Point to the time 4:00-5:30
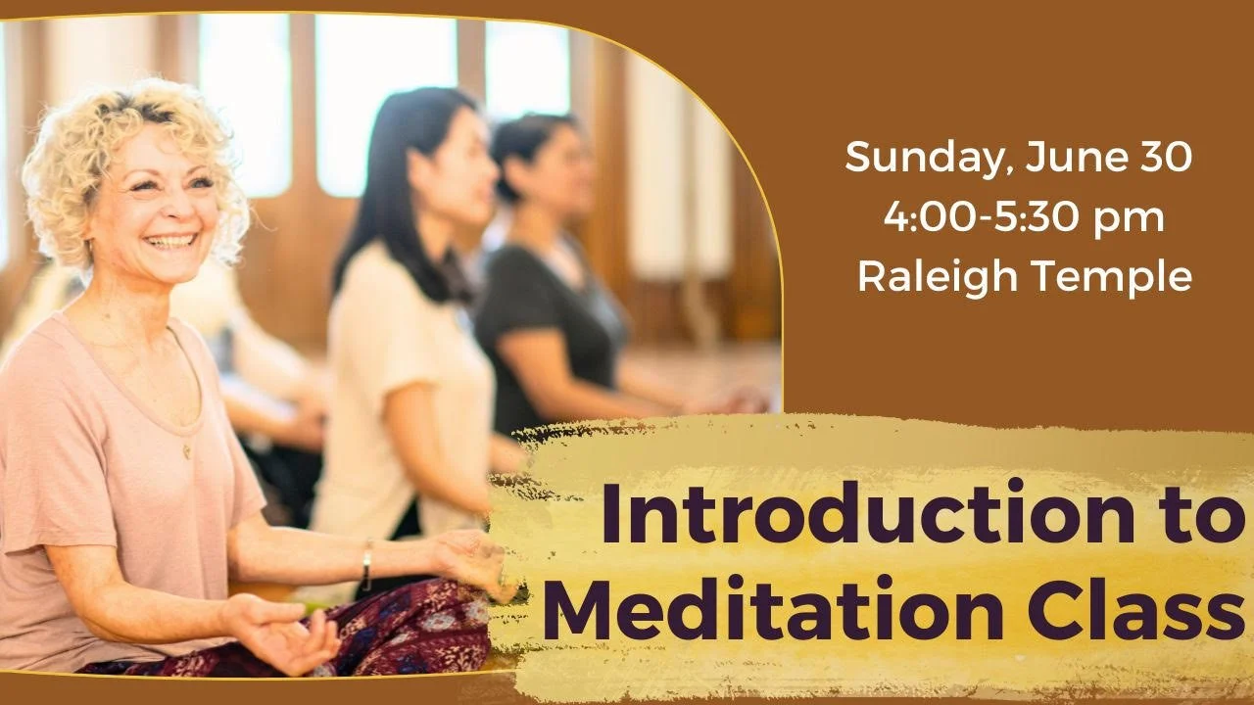click(x=979, y=218)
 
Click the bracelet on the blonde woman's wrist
click(x=365, y=565)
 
